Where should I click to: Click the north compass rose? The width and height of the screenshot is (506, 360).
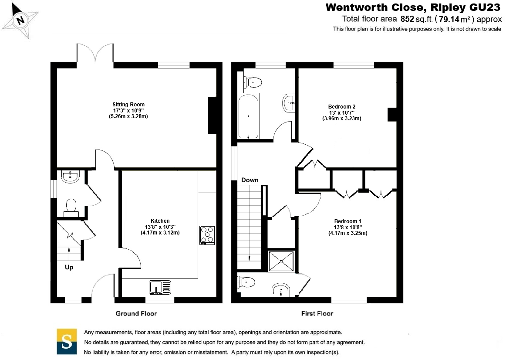tap(20, 20)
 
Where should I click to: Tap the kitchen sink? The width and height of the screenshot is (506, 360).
tap(160, 287)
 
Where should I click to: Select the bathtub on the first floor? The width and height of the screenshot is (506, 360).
tap(249, 116)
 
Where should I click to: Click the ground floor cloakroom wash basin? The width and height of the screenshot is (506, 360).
tap(71, 176)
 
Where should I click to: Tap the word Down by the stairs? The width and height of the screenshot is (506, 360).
tap(250, 180)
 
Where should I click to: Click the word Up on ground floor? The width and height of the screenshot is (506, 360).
tap(69, 267)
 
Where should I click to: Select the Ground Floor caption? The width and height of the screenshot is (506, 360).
tap(136, 313)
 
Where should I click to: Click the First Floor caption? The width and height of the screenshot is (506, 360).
tap(317, 313)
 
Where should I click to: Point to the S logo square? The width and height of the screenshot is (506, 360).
tap(67, 341)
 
